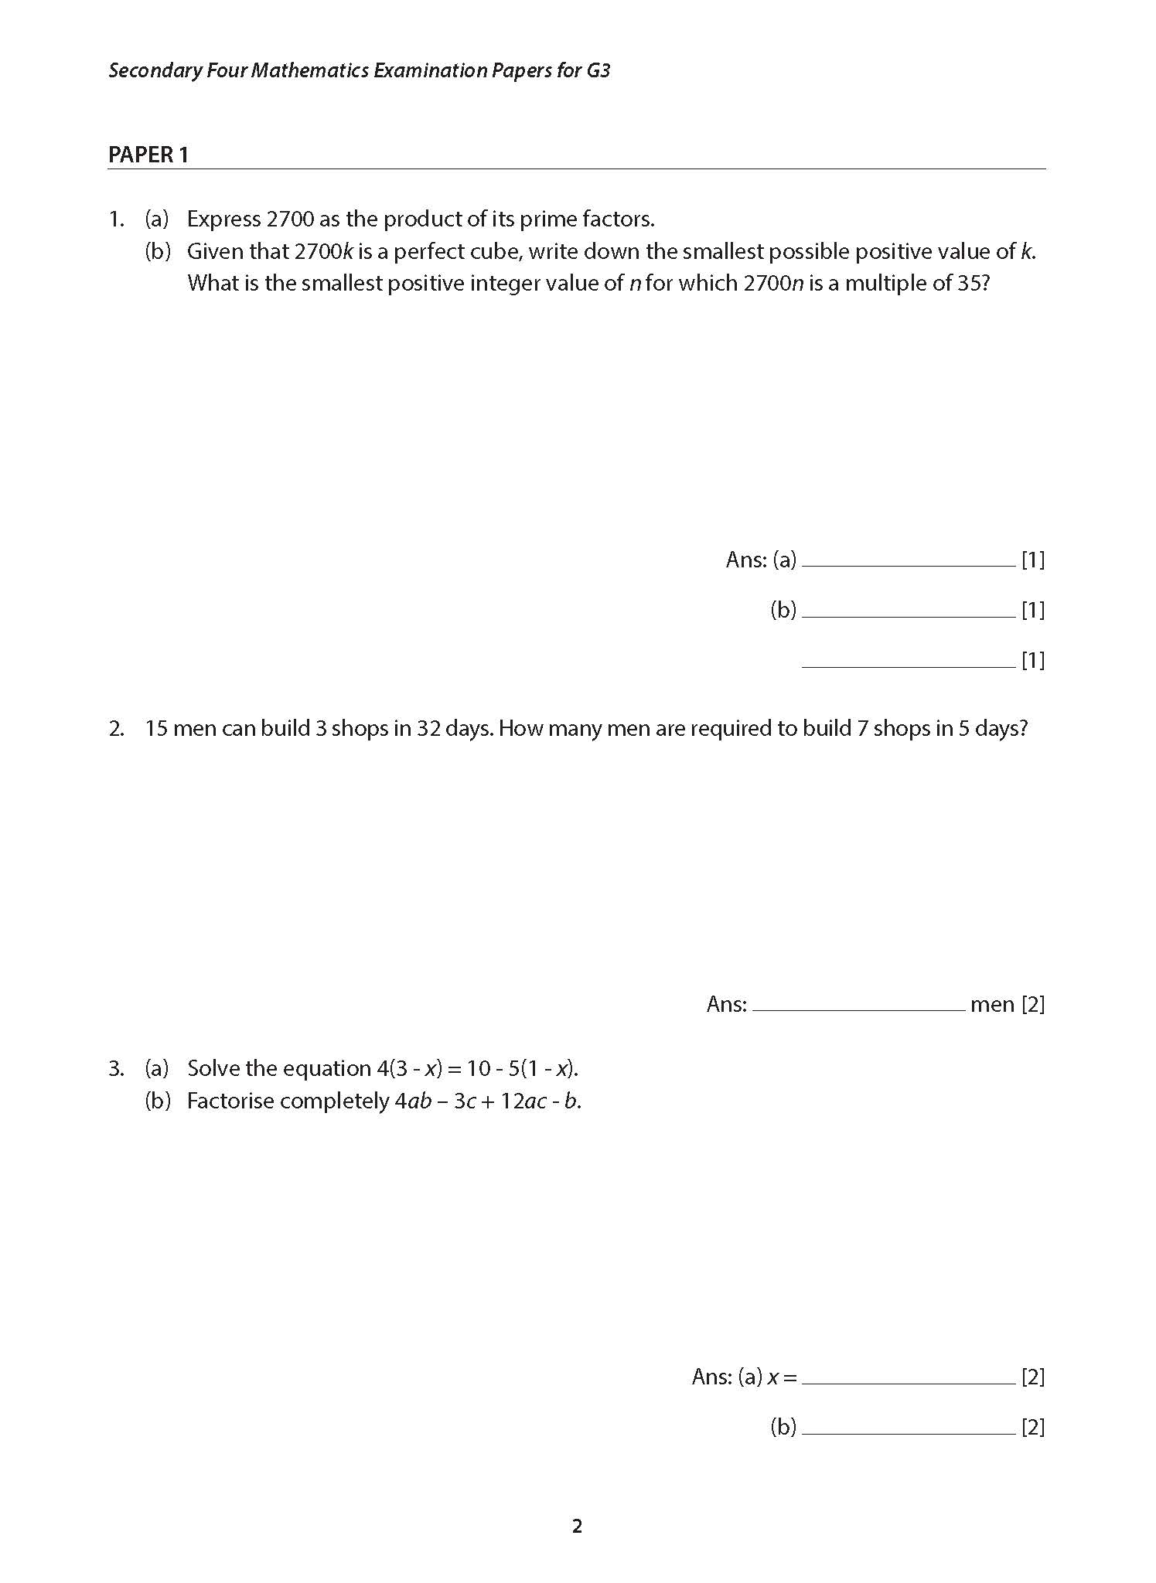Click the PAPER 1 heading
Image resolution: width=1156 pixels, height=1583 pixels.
point(148,155)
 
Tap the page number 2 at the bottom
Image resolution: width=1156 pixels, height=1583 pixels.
point(577,1526)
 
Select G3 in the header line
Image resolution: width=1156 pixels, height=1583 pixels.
point(598,70)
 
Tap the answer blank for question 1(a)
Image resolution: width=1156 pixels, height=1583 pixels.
point(908,560)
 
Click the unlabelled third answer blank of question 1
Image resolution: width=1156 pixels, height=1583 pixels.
point(908,661)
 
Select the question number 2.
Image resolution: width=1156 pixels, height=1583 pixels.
point(116,728)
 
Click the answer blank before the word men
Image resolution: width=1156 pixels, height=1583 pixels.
point(858,1005)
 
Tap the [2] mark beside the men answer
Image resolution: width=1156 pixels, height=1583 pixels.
point(1033,1004)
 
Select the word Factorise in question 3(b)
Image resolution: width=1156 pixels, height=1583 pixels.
point(230,1101)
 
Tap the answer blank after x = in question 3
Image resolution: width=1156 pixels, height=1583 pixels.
point(908,1377)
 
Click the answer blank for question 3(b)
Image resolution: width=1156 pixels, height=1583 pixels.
point(908,1428)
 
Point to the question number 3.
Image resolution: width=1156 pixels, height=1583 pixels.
point(116,1068)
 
